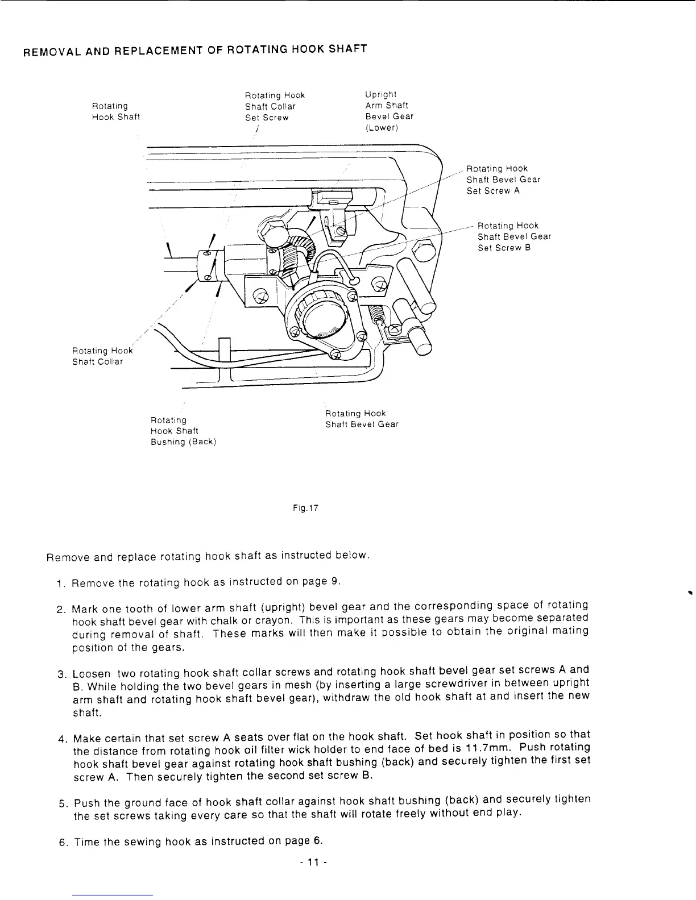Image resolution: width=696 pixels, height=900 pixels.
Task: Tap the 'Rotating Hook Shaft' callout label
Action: point(115,111)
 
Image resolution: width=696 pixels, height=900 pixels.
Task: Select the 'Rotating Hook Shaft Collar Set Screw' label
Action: point(275,106)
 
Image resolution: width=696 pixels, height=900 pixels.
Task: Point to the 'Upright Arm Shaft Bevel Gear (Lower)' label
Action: point(389,111)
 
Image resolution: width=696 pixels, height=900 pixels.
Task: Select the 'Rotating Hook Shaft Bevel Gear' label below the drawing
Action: point(362,419)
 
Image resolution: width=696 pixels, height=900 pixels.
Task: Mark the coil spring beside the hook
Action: point(379,312)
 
